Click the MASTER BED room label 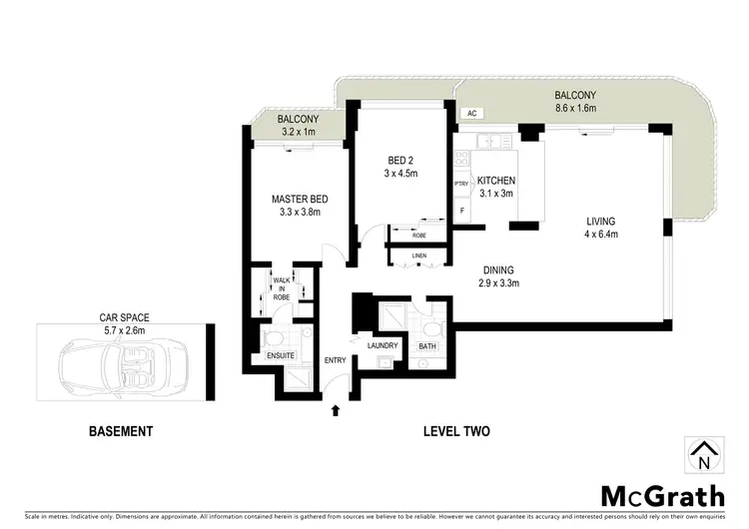click(300, 199)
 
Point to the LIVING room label click(600, 222)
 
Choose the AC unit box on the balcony click(469, 115)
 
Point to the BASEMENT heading click(121, 432)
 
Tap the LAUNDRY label click(382, 346)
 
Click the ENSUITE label click(280, 354)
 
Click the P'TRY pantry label click(461, 184)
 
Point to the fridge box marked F click(461, 212)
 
